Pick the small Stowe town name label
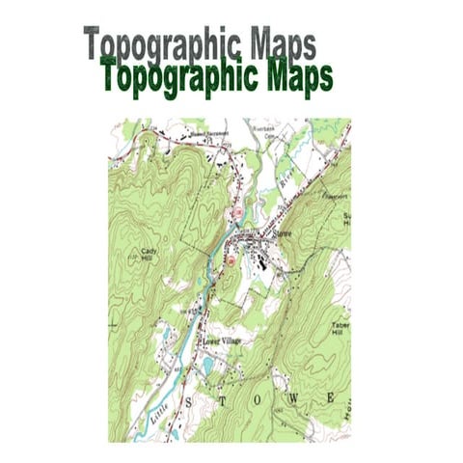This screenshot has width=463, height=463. click(x=282, y=233)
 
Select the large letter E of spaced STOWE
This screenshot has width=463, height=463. click(x=330, y=396)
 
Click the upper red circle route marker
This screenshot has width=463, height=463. click(x=236, y=211)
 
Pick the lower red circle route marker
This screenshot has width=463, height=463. click(x=231, y=259)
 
